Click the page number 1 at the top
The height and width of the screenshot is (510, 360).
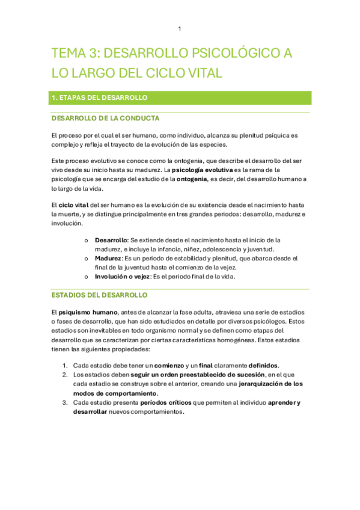click(180, 29)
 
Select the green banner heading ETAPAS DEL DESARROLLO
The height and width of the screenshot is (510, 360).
click(100, 97)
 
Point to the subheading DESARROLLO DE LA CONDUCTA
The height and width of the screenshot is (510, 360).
click(105, 118)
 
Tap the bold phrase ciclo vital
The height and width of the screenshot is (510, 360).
click(74, 206)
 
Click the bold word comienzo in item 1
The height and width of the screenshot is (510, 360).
click(171, 365)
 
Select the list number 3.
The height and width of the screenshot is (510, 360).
click(65, 402)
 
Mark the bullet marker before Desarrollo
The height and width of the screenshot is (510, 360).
click(87, 240)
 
